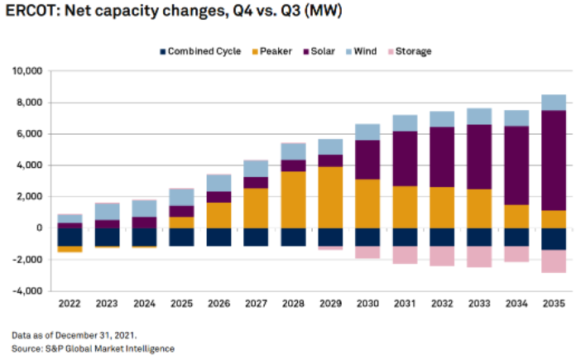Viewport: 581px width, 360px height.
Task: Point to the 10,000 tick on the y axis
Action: pos(27,71)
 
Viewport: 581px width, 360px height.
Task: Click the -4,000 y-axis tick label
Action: pos(27,290)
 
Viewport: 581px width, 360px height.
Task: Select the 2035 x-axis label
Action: pos(554,305)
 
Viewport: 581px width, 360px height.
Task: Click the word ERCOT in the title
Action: pos(31,12)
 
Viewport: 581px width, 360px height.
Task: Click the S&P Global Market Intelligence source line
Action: pos(93,348)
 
